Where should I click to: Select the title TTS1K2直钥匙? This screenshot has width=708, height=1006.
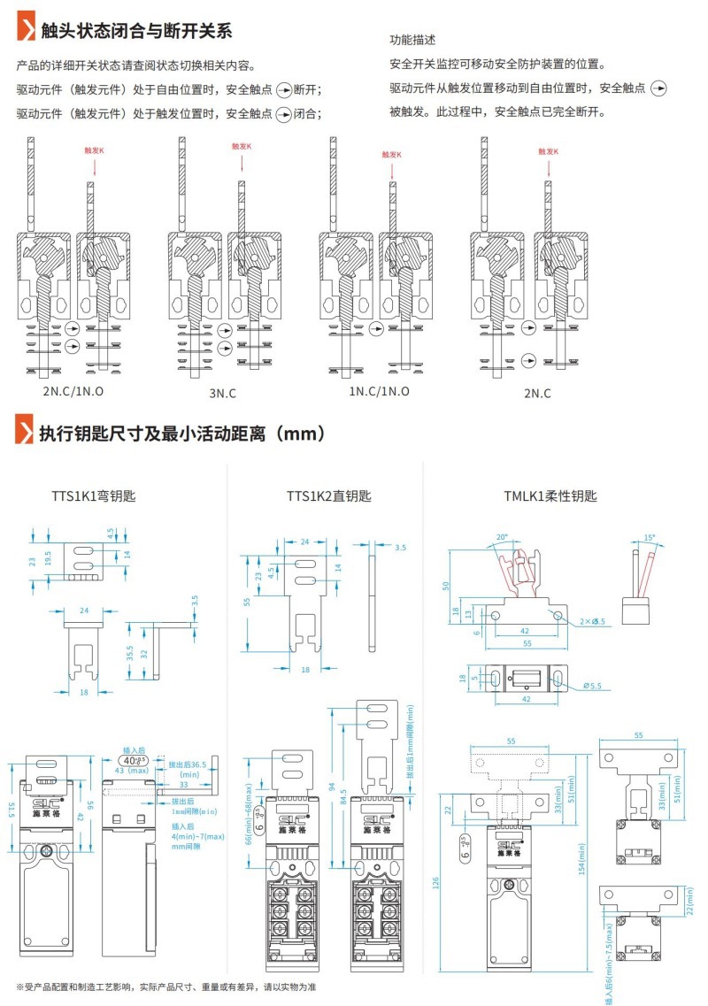(x=328, y=496)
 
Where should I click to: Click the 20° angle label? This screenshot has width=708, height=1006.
(x=503, y=537)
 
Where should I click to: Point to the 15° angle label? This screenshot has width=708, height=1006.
(x=649, y=538)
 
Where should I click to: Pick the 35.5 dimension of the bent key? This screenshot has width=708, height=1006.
(x=130, y=653)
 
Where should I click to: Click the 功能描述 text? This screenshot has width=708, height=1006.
(x=412, y=41)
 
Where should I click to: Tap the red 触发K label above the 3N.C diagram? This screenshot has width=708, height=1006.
(x=242, y=147)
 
